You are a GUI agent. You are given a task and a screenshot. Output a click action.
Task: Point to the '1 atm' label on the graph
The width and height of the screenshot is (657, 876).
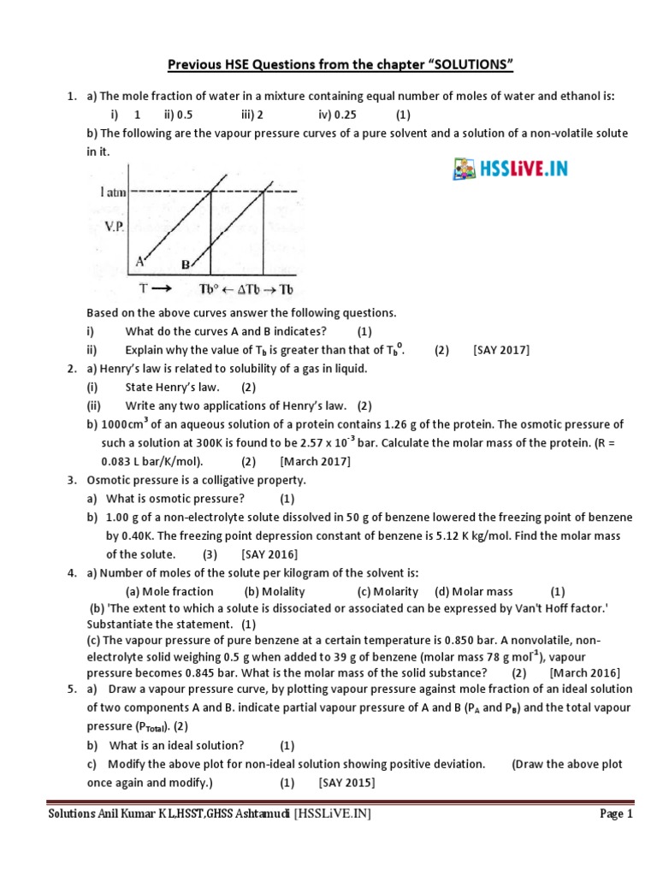pyautogui.click(x=113, y=192)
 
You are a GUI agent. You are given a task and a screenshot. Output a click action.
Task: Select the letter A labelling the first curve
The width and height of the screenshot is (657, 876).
pyautogui.click(x=138, y=260)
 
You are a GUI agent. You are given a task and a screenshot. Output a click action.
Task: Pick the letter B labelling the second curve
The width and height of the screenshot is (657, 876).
pyautogui.click(x=185, y=266)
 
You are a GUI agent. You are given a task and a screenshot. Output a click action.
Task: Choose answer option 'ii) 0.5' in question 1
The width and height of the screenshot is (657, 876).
pyautogui.click(x=178, y=115)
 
